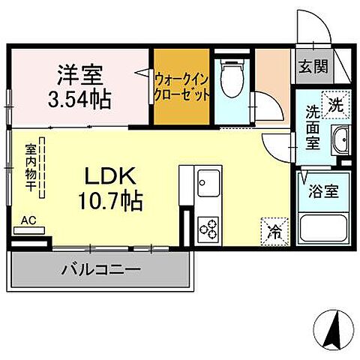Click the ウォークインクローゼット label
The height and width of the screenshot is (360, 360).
181,86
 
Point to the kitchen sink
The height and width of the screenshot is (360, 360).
205,181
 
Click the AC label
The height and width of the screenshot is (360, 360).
28,220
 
